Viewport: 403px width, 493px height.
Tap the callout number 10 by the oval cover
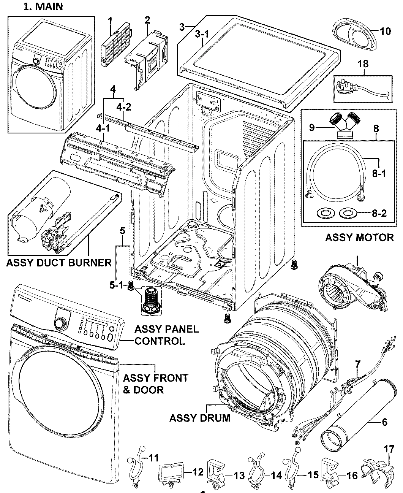click(x=385, y=31)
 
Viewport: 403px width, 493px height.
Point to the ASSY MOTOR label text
click(x=359, y=238)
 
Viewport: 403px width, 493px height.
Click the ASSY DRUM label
click(x=200, y=418)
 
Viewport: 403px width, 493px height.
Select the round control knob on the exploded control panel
click(x=60, y=323)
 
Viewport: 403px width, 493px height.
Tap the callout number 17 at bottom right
click(x=389, y=450)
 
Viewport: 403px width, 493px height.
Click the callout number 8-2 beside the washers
click(x=379, y=214)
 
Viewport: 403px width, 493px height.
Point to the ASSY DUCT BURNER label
click(x=59, y=262)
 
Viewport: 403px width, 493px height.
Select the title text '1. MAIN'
click(x=43, y=7)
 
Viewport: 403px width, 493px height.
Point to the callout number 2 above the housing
click(x=147, y=19)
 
